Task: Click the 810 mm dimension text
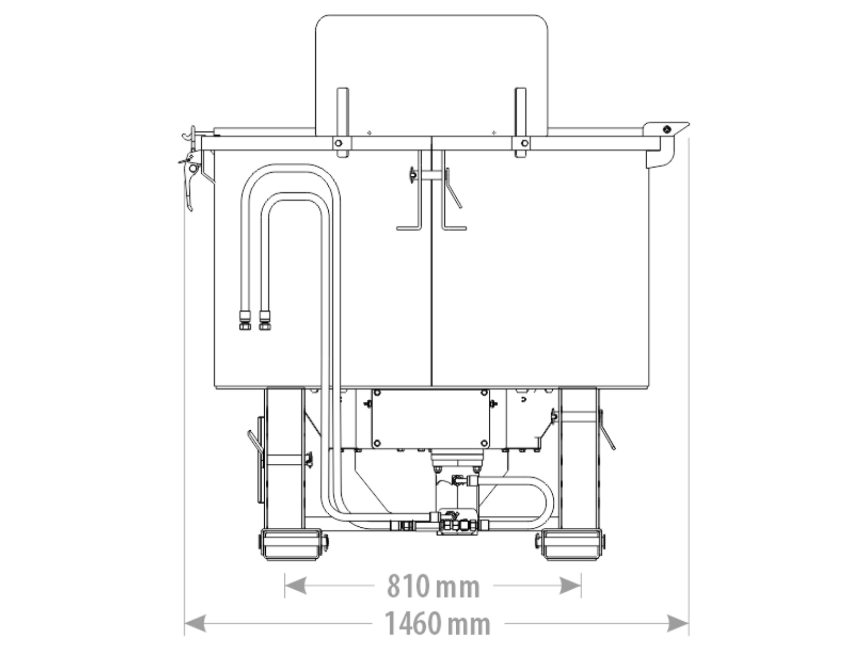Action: pyautogui.click(x=433, y=586)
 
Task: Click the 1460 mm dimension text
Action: pyautogui.click(x=437, y=623)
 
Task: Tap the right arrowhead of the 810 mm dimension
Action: pyautogui.click(x=570, y=585)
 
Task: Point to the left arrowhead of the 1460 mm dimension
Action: pyautogui.click(x=195, y=623)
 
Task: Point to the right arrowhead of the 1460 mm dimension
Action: pyautogui.click(x=678, y=623)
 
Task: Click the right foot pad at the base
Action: pyautogui.click(x=571, y=545)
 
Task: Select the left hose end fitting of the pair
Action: pyautogui.click(x=245, y=320)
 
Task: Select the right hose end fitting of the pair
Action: pyautogui.click(x=265, y=320)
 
